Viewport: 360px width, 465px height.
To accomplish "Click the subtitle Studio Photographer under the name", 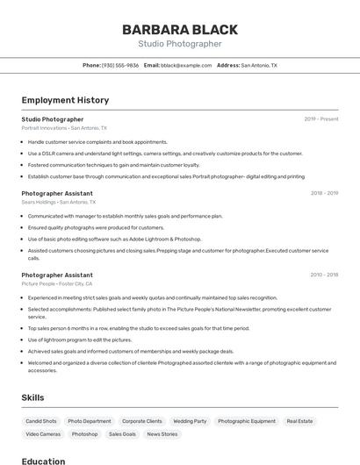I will [x=179, y=44].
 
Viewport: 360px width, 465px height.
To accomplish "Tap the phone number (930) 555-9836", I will [x=120, y=65].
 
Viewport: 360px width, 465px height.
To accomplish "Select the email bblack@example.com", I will [x=186, y=65].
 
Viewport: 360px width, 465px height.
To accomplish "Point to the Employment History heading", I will [x=65, y=100].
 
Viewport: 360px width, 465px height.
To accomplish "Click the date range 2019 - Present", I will [x=320, y=119].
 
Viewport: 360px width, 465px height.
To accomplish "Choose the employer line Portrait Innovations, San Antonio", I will [x=64, y=128].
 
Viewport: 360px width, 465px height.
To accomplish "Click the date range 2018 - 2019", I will [x=323, y=192].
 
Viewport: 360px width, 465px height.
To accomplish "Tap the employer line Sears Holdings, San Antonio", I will [x=59, y=202].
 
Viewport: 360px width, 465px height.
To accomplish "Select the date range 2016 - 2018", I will [x=323, y=275].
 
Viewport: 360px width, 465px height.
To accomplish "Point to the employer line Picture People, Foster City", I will [x=57, y=284].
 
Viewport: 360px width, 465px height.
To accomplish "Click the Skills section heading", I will [x=32, y=397].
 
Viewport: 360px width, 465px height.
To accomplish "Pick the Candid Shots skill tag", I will [x=40, y=421].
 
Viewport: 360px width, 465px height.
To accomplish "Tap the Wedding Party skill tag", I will [x=190, y=421].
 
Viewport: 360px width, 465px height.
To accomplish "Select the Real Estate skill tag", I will [x=299, y=421].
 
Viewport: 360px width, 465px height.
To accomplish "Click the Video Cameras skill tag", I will [x=43, y=434].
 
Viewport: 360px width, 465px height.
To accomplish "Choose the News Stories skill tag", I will [x=162, y=434].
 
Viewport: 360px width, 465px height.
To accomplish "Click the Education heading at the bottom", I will [x=43, y=461].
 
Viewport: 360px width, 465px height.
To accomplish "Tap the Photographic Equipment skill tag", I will [x=246, y=421].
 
